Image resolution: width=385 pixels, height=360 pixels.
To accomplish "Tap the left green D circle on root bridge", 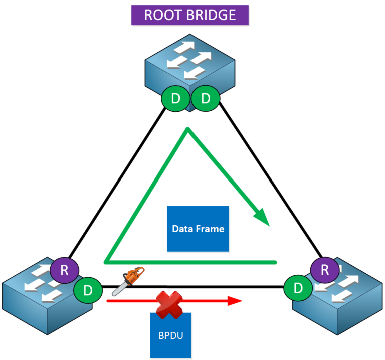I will point(175,99).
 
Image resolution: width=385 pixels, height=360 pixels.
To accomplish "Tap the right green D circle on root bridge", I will point(206,99).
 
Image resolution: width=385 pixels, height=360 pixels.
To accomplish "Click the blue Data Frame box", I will point(198,229).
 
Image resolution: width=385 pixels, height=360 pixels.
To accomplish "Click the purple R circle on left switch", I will point(64,271).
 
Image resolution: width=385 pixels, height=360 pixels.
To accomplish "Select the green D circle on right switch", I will point(298,288).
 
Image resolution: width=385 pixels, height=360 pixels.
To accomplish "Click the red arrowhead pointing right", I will point(236,301).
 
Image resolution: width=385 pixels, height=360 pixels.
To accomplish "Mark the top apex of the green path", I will point(187,129).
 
